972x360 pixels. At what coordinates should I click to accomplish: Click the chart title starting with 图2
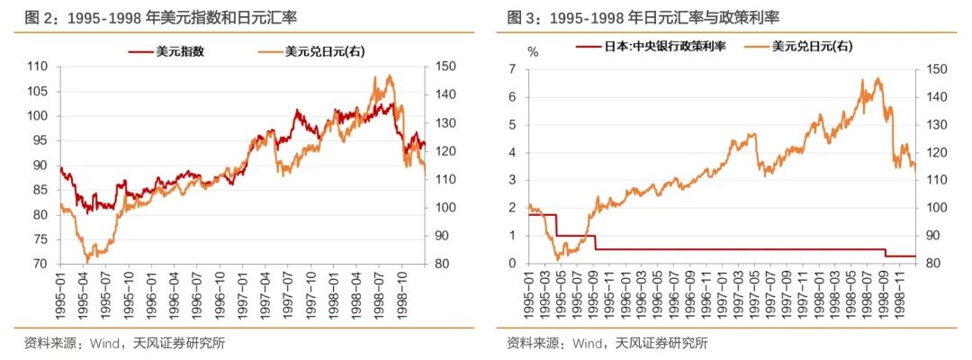click(x=154, y=16)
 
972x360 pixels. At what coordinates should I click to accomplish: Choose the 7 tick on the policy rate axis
click(x=511, y=68)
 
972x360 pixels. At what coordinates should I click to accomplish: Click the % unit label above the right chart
click(x=533, y=50)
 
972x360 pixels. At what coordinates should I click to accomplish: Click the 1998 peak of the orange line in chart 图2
click(x=390, y=76)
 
